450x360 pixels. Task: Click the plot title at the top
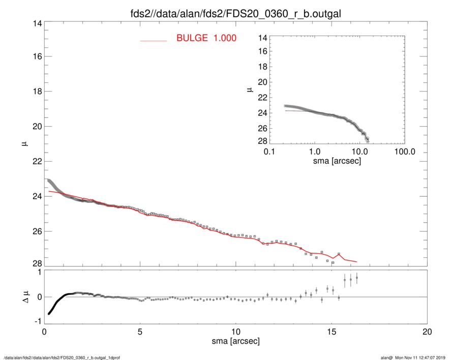tap(224, 12)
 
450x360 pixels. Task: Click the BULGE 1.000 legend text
tap(206, 38)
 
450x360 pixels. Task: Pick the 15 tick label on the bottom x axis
tap(332, 332)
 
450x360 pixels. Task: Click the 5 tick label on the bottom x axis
tap(140, 332)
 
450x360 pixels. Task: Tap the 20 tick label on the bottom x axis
tap(427, 332)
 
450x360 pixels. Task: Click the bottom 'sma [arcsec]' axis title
tap(235, 341)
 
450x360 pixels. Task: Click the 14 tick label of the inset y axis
tap(262, 38)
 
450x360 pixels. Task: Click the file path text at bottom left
tap(62, 357)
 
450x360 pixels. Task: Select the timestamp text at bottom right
tap(413, 357)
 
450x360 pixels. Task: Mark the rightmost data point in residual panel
tap(357, 278)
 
